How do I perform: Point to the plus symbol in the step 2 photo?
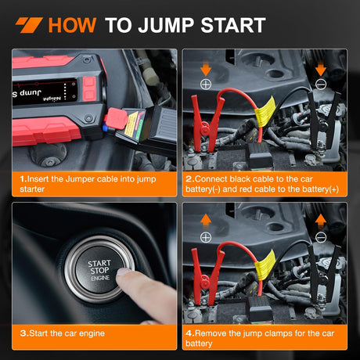pos(206,84)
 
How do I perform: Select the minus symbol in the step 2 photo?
pos(320,84)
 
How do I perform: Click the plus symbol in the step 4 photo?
pos(206,236)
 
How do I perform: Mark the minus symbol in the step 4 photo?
pos(320,236)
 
